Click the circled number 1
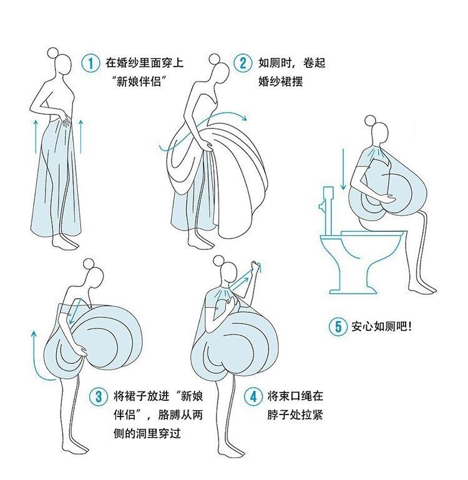click(x=91, y=63)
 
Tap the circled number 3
click(x=98, y=396)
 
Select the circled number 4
click(x=253, y=396)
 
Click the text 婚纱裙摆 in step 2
click(x=280, y=80)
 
